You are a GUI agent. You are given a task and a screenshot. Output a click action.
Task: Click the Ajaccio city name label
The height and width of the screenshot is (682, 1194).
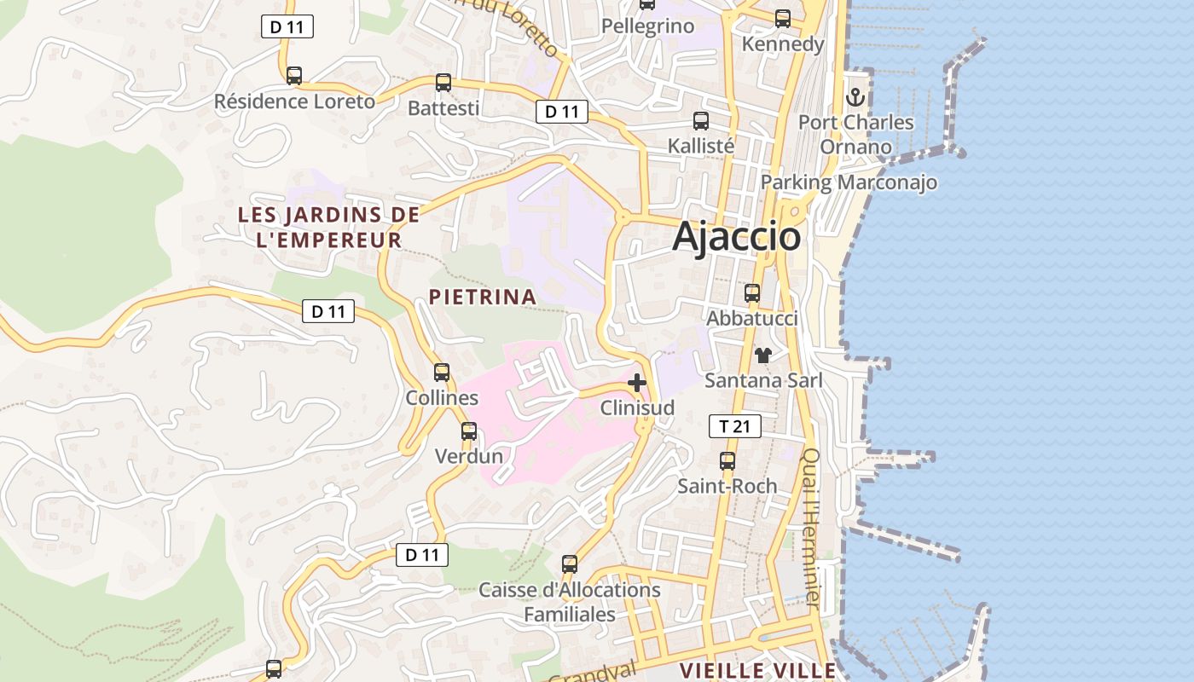coord(737,236)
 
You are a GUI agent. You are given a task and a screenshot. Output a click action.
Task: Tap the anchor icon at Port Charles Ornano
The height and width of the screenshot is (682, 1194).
coord(855,96)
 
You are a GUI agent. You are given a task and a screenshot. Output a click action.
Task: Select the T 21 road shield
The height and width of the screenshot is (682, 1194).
coord(734,426)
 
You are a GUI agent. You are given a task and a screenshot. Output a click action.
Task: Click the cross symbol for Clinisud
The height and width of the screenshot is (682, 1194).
coord(636,383)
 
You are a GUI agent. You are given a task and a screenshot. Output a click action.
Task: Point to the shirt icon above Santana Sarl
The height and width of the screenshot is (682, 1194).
coord(762,355)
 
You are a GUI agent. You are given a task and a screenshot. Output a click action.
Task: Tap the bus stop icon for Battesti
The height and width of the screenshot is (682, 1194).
coord(443,83)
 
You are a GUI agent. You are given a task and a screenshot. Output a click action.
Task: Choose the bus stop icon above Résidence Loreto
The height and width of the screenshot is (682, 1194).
coord(294,76)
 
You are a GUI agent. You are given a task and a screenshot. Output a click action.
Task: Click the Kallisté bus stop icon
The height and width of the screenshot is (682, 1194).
coord(701,121)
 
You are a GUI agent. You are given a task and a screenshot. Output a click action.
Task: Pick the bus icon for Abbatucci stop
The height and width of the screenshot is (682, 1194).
coord(752,293)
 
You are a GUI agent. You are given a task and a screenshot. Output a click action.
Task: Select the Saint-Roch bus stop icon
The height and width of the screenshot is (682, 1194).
coord(727,461)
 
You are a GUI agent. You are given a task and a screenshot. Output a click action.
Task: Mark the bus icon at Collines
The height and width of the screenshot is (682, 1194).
coord(442,373)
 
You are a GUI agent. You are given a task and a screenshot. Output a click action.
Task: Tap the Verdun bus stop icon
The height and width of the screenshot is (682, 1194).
coord(469,431)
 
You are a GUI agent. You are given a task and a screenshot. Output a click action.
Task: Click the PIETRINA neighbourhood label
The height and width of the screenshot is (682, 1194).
coord(483,298)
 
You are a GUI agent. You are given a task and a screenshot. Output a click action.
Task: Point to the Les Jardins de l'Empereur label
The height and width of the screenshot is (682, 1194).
coord(329,227)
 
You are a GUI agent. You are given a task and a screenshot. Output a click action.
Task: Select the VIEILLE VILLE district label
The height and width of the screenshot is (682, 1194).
coord(757,671)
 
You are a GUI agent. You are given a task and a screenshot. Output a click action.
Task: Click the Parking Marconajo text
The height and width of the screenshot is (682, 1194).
coord(849,182)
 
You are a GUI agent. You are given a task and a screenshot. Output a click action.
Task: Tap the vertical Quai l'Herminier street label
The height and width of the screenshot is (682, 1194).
coord(811,529)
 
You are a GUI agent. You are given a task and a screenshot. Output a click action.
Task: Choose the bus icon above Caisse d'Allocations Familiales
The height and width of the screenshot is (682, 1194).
coord(570,564)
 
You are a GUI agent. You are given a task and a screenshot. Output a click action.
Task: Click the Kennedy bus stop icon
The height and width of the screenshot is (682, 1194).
coord(783,19)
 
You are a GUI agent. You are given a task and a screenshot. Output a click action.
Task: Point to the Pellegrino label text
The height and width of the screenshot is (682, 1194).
coord(648,26)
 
